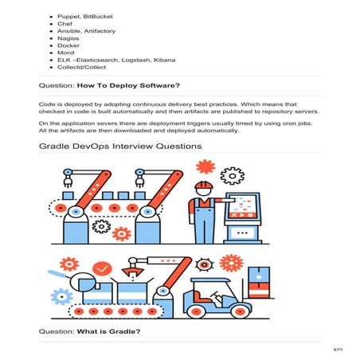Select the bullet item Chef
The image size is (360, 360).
point(65,23)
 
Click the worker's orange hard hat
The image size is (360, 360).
point(203,186)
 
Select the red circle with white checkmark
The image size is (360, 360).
point(101,268)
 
